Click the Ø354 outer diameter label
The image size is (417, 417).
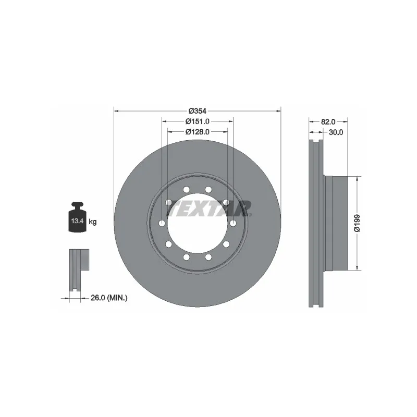(x=198, y=111)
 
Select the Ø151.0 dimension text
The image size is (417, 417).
(x=198, y=121)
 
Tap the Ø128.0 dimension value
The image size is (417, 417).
(x=198, y=132)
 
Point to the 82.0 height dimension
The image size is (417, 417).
(x=328, y=121)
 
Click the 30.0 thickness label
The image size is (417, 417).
(x=336, y=132)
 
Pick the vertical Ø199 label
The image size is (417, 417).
(x=357, y=223)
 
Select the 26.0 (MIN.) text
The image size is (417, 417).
(x=109, y=298)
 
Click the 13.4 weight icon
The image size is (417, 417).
(x=77, y=219)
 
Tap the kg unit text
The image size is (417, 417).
(x=93, y=222)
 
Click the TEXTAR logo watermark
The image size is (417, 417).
(x=208, y=208)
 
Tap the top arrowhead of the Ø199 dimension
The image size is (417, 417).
(x=357, y=178)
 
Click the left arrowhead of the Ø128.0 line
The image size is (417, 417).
(x=169, y=132)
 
